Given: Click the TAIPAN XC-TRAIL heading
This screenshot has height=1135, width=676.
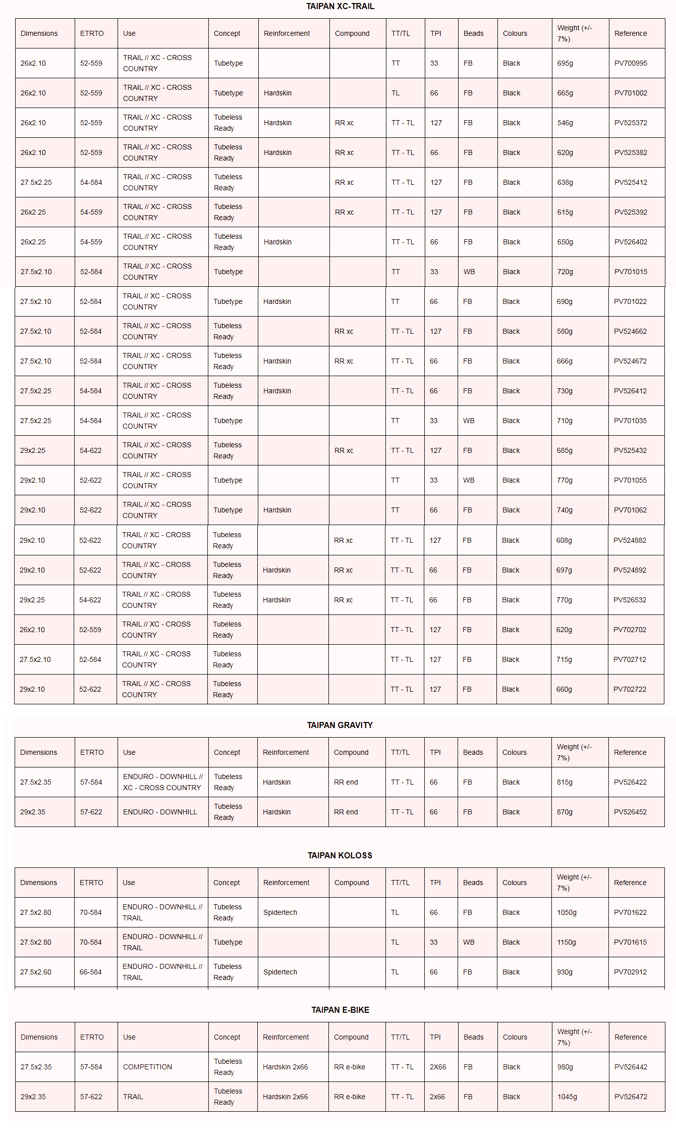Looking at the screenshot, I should [340, 7].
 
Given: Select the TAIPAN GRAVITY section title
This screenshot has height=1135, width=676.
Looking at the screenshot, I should [340, 725].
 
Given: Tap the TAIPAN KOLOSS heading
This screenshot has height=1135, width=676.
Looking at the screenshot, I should [340, 855].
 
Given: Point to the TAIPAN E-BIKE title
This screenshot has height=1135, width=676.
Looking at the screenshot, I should [340, 1010].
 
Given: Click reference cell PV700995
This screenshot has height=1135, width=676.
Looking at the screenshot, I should [630, 63].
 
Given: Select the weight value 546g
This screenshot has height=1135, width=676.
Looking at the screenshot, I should [565, 123].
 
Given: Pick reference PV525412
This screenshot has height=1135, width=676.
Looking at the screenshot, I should [630, 182].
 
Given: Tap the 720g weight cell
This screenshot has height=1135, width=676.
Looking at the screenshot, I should [565, 272].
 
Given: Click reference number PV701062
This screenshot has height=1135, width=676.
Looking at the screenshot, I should [630, 510].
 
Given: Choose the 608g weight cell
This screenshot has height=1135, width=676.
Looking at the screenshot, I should [564, 540].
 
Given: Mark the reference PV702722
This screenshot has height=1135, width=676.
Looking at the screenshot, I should [629, 689].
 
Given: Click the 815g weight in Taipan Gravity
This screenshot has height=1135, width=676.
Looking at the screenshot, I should [564, 782].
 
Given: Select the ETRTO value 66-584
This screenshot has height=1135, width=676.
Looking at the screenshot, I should [90, 972].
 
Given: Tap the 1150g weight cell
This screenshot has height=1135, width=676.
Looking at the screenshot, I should [566, 942].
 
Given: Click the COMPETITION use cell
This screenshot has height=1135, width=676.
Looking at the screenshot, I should [147, 1067].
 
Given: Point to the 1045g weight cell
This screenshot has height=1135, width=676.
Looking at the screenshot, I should [567, 1097].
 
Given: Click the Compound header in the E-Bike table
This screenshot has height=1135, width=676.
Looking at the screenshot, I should [351, 1037].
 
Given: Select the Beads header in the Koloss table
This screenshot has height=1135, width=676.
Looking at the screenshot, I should [473, 883].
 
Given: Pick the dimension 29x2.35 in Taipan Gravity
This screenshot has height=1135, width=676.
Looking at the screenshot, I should [33, 812].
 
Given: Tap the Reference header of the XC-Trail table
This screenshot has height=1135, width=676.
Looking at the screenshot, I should [630, 33].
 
